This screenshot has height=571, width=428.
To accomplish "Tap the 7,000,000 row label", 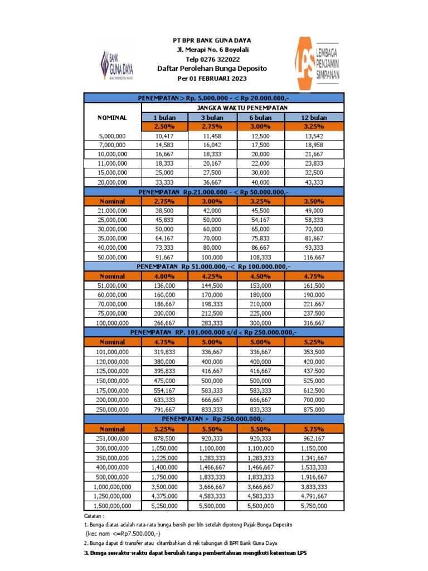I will point(113,145).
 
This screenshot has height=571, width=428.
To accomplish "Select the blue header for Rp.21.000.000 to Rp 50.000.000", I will point(213,191).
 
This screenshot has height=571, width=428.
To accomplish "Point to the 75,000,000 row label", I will point(113,313).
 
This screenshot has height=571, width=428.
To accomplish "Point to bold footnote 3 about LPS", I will point(195,552).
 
